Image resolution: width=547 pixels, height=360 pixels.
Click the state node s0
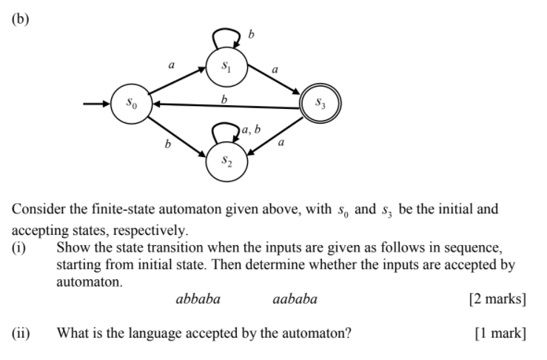point(130,105)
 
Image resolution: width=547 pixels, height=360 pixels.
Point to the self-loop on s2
point(225,132)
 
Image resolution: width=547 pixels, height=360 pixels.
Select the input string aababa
point(294,299)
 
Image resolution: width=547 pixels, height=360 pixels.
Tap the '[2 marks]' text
point(497,299)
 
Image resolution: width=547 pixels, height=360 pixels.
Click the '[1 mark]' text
point(500,333)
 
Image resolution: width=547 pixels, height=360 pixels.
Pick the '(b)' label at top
point(21,19)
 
